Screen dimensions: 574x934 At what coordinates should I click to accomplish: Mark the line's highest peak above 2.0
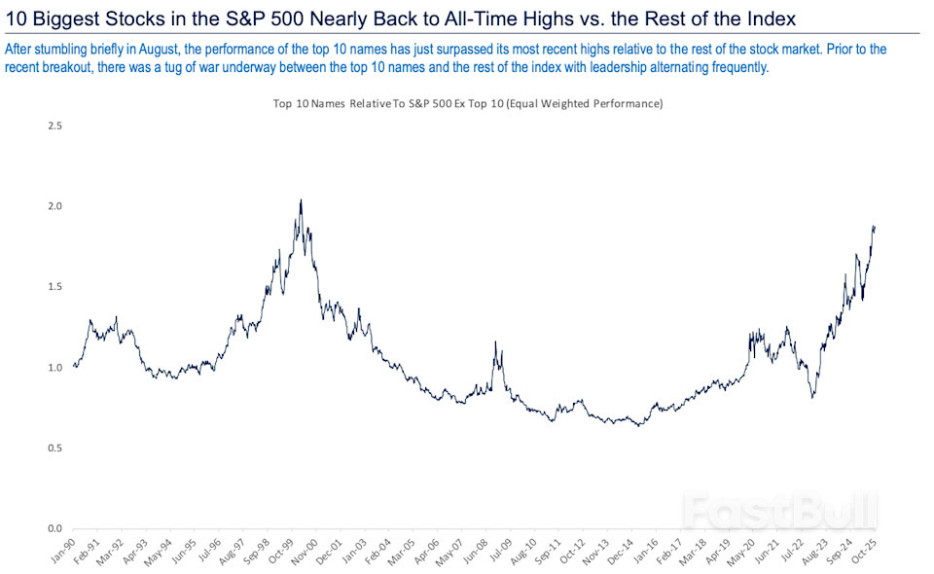pyautogui.click(x=301, y=200)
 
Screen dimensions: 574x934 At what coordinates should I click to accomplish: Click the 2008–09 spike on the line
pyautogui.click(x=496, y=342)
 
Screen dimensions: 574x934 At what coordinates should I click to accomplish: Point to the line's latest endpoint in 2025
pyautogui.click(x=875, y=228)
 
